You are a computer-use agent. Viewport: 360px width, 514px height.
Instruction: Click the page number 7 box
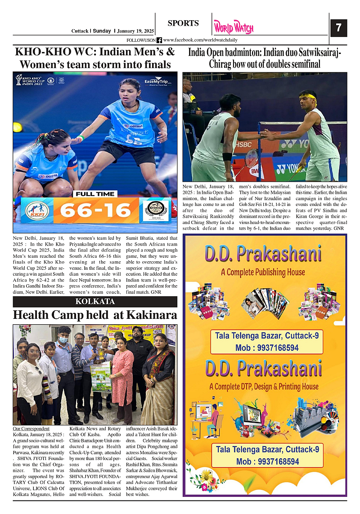(x=338, y=28)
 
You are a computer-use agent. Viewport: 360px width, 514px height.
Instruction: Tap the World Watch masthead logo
(x=234, y=28)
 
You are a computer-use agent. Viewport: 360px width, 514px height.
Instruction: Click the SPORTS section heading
(x=183, y=23)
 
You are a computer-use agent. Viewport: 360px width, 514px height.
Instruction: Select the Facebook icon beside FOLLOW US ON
(x=159, y=40)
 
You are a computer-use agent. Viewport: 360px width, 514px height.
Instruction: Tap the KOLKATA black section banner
(x=95, y=301)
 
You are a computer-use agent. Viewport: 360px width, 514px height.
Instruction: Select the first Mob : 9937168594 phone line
(x=266, y=348)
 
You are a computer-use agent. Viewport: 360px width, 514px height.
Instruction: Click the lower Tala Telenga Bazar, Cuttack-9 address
(x=267, y=449)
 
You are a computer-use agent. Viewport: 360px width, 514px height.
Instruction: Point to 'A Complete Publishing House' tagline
(x=263, y=272)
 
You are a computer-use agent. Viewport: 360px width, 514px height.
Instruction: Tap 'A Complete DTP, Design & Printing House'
(x=264, y=386)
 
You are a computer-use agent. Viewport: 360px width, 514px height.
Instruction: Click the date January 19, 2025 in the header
(x=135, y=31)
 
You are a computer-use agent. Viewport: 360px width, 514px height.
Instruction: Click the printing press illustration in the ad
(x=314, y=415)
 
